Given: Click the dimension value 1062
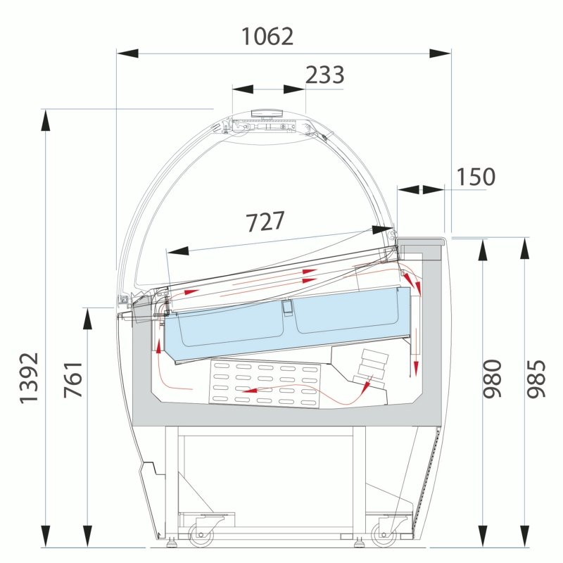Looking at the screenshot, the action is pos(267,37).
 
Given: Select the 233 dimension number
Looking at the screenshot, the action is pos(325,75).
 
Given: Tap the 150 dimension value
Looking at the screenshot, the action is pos(476,177).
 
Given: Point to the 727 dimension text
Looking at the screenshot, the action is pos(265,221).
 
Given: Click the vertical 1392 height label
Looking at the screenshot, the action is pos(29,378).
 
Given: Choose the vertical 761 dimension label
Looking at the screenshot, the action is pos(73,379).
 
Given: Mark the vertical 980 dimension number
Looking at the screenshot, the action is pos(492,379).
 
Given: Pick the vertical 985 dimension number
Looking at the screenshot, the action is pos(536,379).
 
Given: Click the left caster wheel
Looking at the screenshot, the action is pos(201,534).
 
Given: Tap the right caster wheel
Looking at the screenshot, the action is pos(384,534).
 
